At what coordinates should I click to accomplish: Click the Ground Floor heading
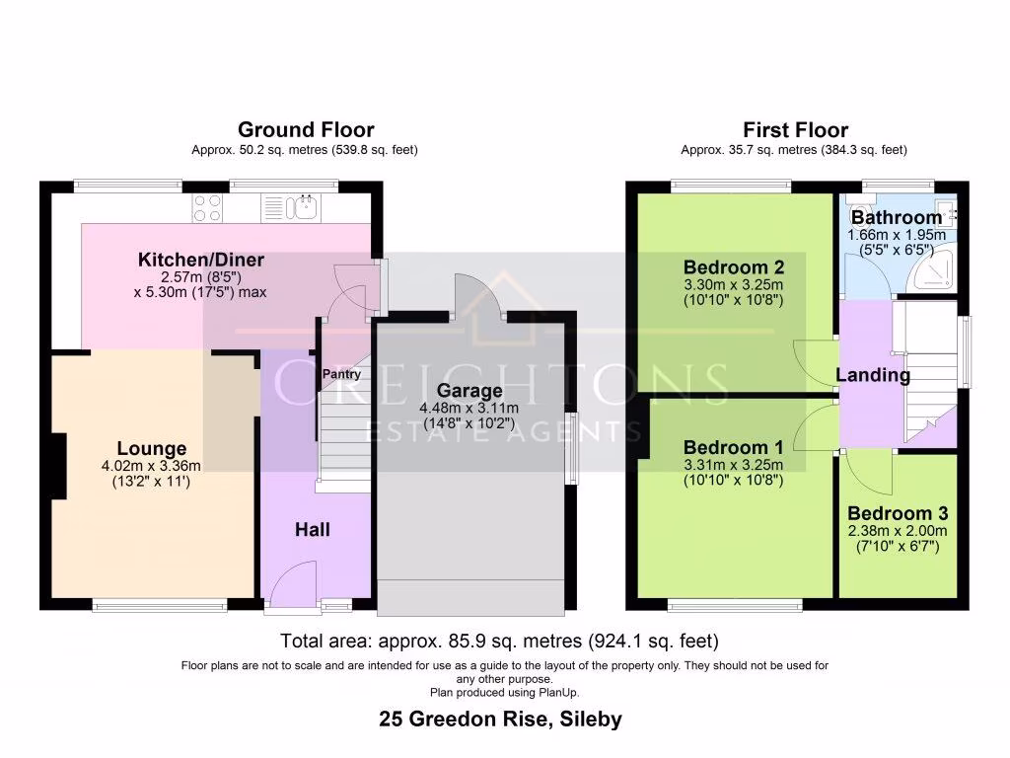coord(306,129)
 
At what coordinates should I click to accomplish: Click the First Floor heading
coord(795,129)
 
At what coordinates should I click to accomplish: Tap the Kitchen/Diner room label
coord(200,261)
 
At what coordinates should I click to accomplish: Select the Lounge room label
coord(152,449)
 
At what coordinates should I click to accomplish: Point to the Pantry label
coord(340,374)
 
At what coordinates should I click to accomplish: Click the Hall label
coord(313,530)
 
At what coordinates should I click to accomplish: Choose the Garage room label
coord(469,391)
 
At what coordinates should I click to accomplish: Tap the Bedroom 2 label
coord(734,266)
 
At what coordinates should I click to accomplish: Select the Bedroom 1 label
coord(733,448)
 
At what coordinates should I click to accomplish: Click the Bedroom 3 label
coord(898,513)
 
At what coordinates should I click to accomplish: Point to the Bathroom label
coord(897,217)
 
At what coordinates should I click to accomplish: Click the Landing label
coord(873,375)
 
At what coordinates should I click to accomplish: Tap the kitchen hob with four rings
coord(207,207)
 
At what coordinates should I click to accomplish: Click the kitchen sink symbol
coord(299,207)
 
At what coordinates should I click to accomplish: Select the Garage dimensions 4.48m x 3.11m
coord(469,409)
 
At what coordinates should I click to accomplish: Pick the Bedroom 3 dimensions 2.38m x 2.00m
coord(898,530)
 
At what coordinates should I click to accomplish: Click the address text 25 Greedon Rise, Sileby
coord(501,719)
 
